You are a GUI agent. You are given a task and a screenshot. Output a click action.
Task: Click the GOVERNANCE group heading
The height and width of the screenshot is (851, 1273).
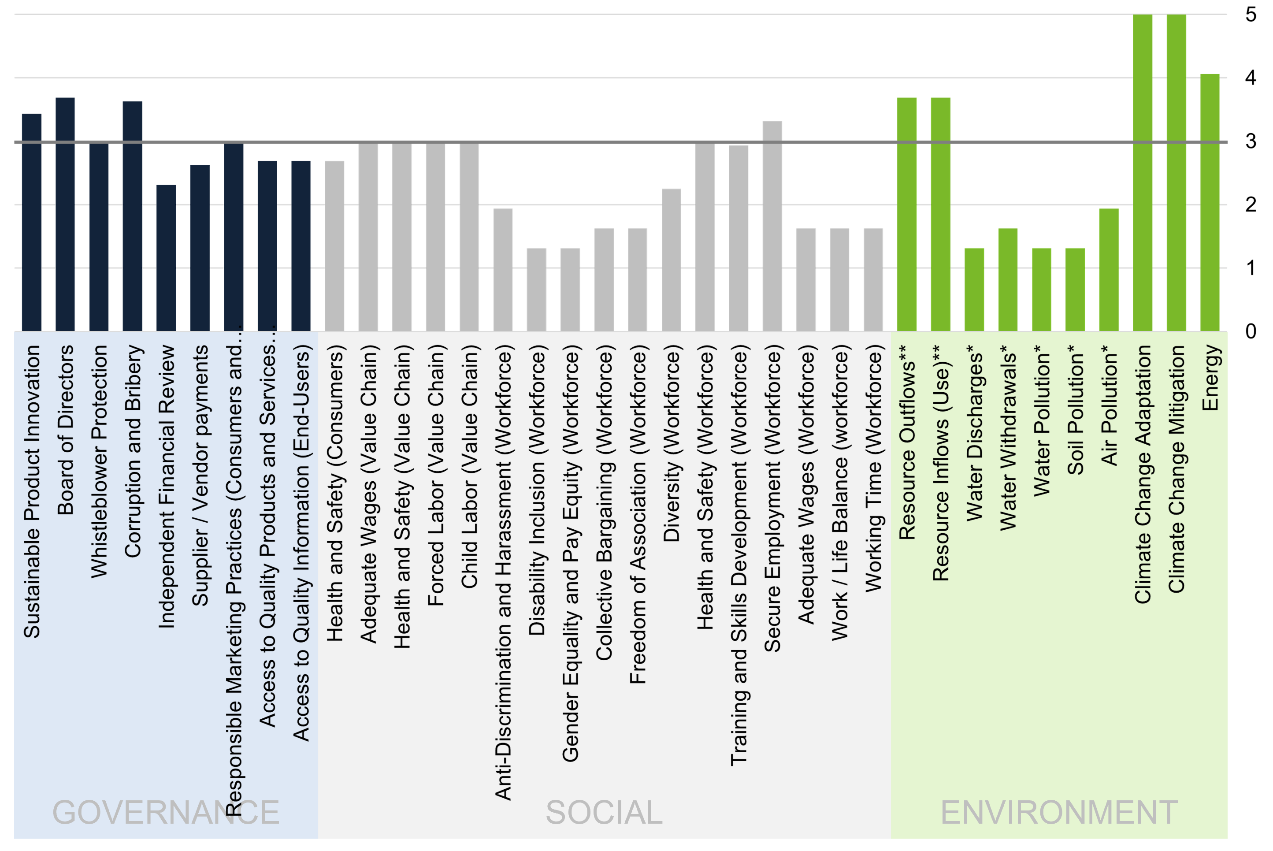(166, 813)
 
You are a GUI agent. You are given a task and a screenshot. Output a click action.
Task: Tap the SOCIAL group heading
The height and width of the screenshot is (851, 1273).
(604, 813)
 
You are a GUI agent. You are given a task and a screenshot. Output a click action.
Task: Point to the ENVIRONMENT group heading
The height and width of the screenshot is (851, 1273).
(1059, 813)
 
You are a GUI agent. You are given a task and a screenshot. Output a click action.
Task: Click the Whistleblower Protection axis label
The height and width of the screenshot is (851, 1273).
(99, 461)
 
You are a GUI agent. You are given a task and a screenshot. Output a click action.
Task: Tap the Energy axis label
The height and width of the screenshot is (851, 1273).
(1210, 378)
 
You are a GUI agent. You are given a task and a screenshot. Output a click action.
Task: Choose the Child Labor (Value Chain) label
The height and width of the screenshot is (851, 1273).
(469, 469)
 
